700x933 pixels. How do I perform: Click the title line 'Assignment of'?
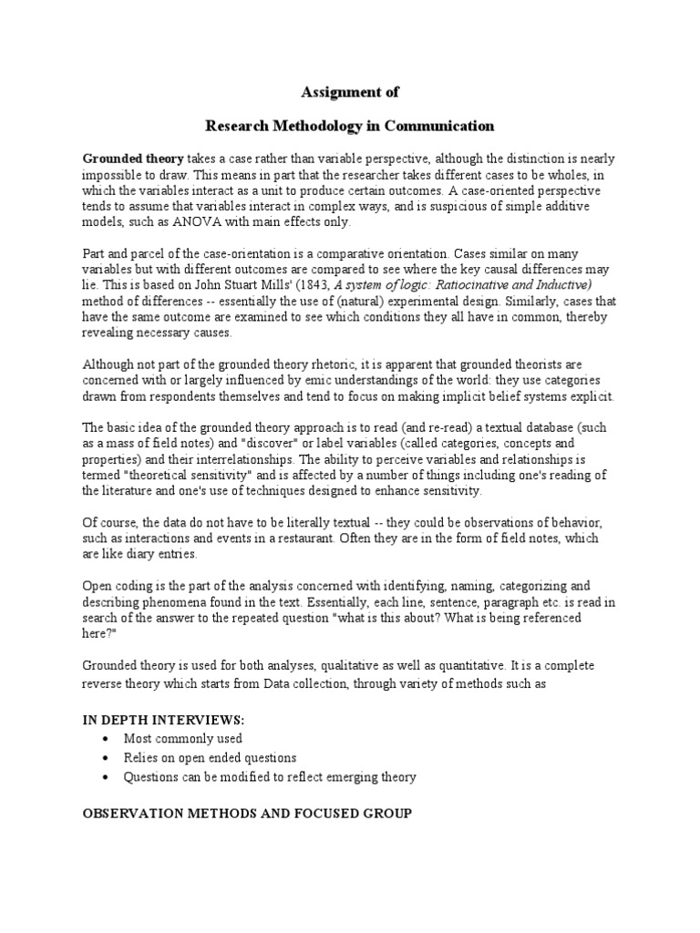tap(350, 92)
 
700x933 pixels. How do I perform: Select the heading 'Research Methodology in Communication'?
tap(350, 125)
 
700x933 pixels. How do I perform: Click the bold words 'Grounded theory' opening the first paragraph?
tap(133, 157)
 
